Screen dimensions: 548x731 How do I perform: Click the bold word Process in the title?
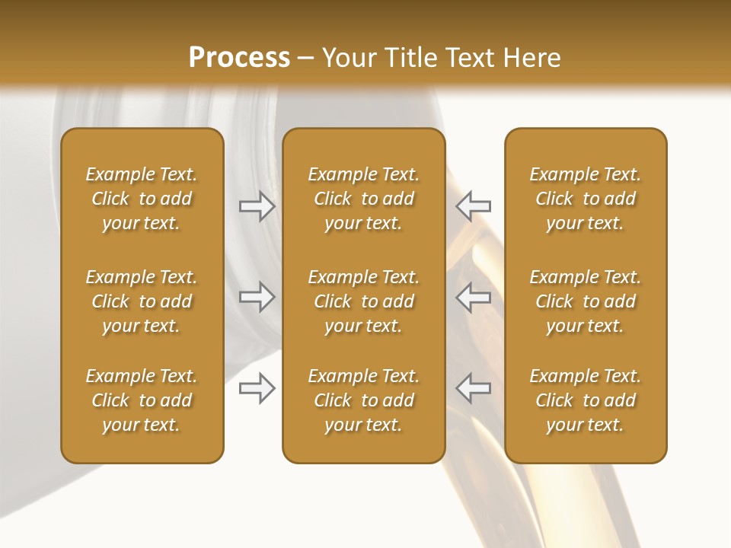point(239,58)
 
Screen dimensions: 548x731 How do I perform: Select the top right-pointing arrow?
point(257,205)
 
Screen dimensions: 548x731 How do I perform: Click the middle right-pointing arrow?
point(257,297)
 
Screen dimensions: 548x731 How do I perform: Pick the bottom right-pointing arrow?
point(257,388)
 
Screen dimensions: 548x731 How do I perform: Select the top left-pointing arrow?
point(474,205)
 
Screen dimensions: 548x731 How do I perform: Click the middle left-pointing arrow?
point(474,297)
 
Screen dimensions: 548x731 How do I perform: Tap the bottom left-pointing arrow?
point(474,388)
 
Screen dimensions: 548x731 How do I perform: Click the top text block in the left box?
point(142,199)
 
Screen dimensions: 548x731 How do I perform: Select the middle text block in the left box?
point(142,301)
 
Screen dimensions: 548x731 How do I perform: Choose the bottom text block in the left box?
point(142,400)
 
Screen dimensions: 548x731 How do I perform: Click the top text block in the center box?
point(363,199)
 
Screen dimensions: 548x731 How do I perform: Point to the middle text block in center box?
point(363,301)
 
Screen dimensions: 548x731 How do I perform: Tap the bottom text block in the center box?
point(363,400)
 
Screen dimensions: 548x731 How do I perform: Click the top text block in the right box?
point(585,199)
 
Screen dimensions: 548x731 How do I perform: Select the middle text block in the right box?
point(585,301)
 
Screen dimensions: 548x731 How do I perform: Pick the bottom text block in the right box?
point(585,400)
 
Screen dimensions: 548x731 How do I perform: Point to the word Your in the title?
point(348,58)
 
